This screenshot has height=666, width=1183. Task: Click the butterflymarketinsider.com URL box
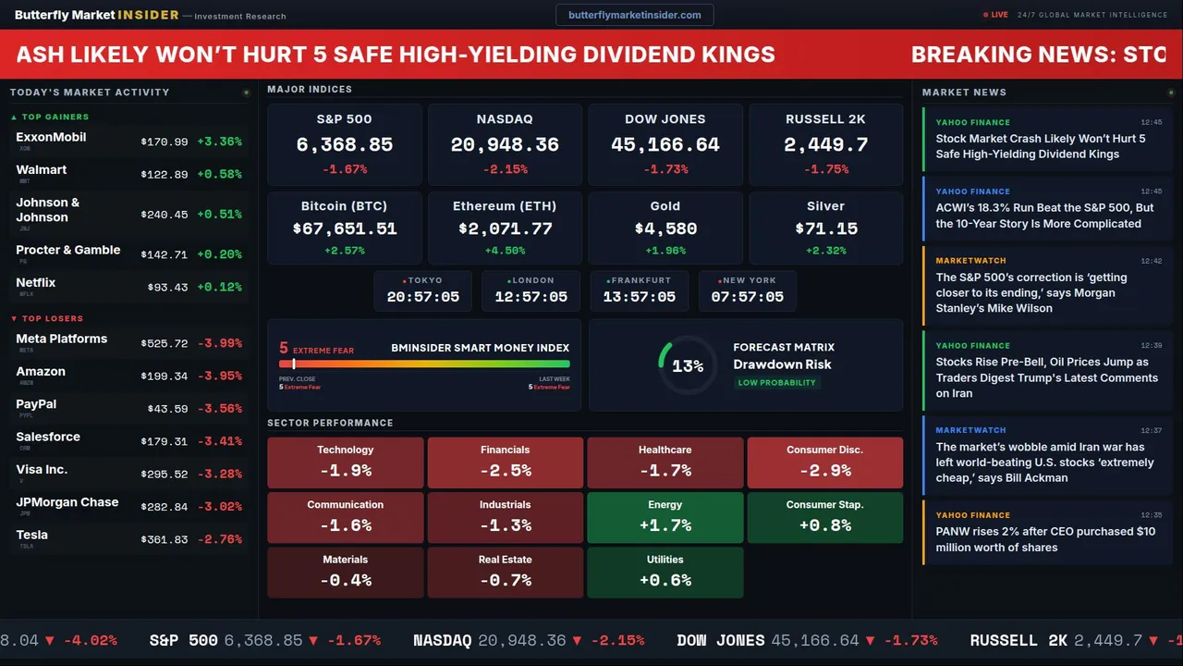pyautogui.click(x=634, y=15)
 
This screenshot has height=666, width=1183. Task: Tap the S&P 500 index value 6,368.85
pyautogui.click(x=344, y=145)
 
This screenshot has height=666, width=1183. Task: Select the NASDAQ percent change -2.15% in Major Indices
pyautogui.click(x=505, y=169)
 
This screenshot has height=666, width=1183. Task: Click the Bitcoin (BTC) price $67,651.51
pyautogui.click(x=344, y=228)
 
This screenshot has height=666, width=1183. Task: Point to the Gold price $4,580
pyautogui.click(x=665, y=228)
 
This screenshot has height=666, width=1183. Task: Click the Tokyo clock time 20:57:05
pyautogui.click(x=422, y=297)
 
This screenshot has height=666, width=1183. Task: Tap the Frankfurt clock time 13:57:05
pyautogui.click(x=640, y=297)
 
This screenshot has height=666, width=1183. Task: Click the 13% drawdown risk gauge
pyautogui.click(x=688, y=365)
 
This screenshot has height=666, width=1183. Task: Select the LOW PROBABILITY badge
pyautogui.click(x=776, y=383)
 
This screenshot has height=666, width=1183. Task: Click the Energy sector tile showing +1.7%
pyautogui.click(x=665, y=517)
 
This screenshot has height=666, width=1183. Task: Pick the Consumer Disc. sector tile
pyautogui.click(x=824, y=462)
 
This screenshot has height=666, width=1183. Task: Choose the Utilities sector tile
pyautogui.click(x=665, y=572)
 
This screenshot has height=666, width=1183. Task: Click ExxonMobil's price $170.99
pyautogui.click(x=165, y=142)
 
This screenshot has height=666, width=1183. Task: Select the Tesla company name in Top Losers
pyautogui.click(x=32, y=535)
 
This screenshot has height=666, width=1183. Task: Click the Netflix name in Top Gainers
pyautogui.click(x=36, y=282)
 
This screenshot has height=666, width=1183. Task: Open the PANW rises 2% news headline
pyautogui.click(x=1044, y=539)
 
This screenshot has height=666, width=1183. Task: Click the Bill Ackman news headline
pyautogui.click(x=1044, y=462)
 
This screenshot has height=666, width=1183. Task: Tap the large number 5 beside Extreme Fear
pyautogui.click(x=284, y=349)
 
